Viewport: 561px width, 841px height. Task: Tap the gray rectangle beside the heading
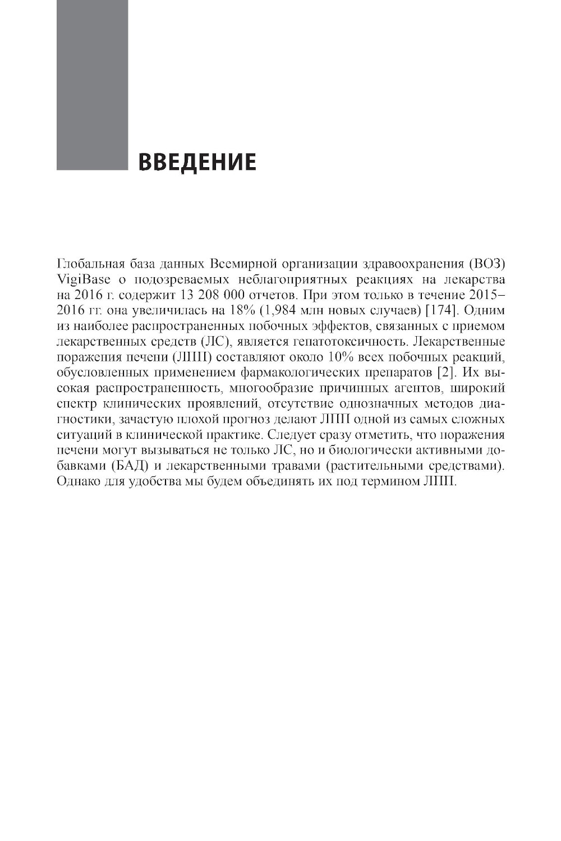(x=92, y=84)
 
